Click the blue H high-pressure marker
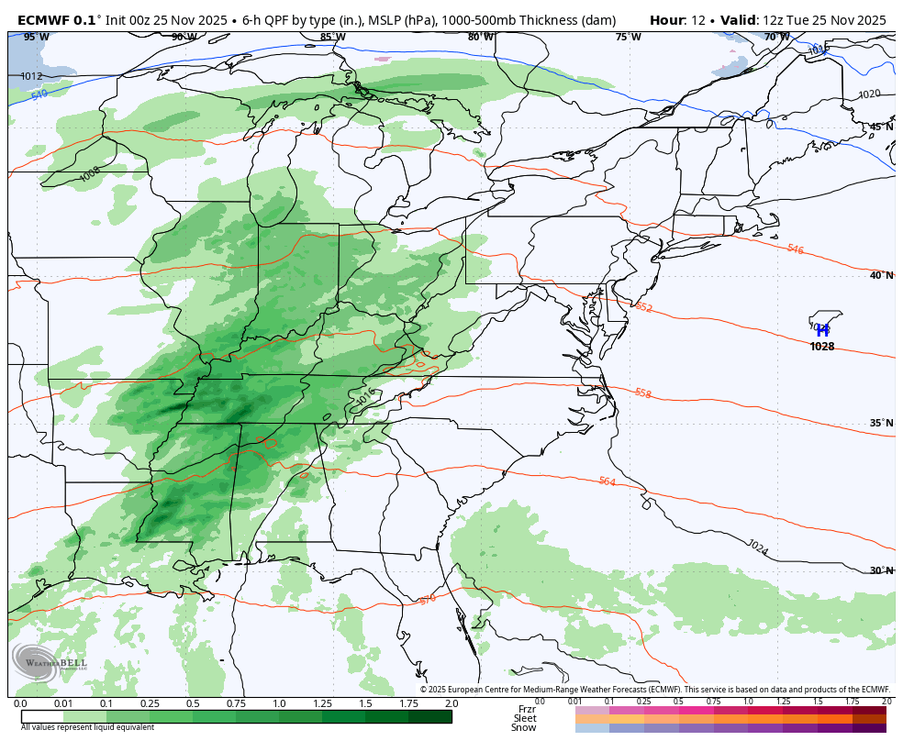click(822, 331)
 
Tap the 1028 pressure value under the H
click(822, 347)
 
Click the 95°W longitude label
click(36, 37)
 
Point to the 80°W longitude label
click(480, 37)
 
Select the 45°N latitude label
click(881, 127)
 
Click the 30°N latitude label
click(881, 570)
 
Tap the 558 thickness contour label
click(642, 393)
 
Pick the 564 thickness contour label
click(607, 481)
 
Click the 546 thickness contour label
click(795, 249)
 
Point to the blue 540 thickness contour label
click(39, 94)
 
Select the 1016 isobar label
click(365, 397)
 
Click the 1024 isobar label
click(757, 547)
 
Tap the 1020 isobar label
click(868, 94)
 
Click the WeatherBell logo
click(50, 662)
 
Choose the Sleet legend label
click(524, 718)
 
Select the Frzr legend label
click(526, 709)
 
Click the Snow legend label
click(524, 727)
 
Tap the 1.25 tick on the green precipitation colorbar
click(322, 703)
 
